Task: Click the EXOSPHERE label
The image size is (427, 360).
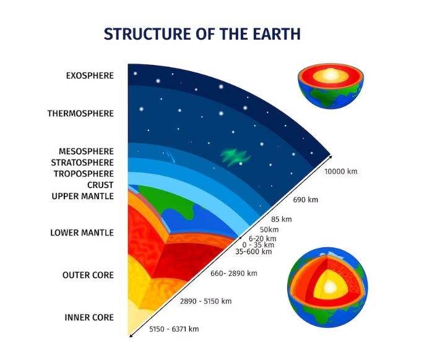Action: (x=90, y=75)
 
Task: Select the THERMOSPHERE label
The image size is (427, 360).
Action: (x=80, y=113)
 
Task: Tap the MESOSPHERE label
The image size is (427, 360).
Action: (x=86, y=151)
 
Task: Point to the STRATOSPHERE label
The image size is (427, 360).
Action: (x=82, y=163)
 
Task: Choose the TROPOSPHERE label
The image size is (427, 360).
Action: (x=84, y=174)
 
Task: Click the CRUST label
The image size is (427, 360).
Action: (x=100, y=185)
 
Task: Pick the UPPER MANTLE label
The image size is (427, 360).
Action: (x=83, y=196)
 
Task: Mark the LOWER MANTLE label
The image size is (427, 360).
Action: (x=82, y=233)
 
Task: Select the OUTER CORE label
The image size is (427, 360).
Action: (x=88, y=275)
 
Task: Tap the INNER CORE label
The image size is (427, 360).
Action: (x=89, y=317)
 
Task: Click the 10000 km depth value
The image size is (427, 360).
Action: (x=341, y=171)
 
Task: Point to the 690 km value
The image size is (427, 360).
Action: (x=305, y=200)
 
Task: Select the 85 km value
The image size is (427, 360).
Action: (x=282, y=219)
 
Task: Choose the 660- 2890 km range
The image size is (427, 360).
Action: (x=234, y=273)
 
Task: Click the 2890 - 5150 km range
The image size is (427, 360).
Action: (x=205, y=301)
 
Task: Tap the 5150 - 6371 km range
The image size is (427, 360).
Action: (x=174, y=329)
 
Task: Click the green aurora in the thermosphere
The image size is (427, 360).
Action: (x=235, y=157)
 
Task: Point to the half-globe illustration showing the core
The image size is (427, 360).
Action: (x=330, y=86)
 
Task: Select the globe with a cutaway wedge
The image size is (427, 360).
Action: (x=327, y=288)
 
